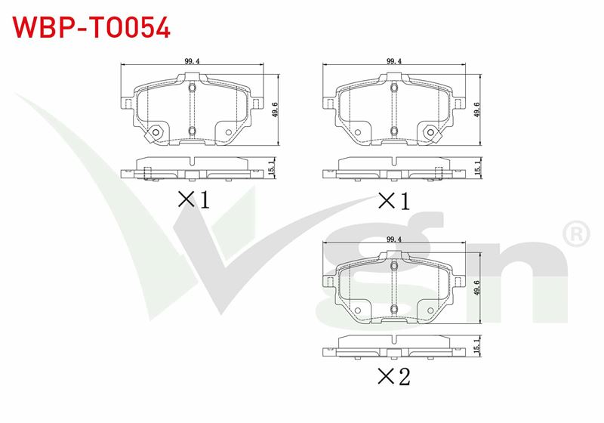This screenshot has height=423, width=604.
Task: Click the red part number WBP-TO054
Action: click(91, 28)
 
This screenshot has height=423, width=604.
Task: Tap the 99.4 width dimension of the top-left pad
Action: click(192, 61)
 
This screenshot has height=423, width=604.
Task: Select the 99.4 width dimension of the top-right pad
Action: click(394, 61)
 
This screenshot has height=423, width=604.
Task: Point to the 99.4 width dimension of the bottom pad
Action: click(394, 239)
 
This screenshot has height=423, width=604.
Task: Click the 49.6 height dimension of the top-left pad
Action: click(275, 110)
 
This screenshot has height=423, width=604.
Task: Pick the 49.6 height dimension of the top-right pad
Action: click(477, 110)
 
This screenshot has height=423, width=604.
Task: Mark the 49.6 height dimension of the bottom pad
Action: click(477, 288)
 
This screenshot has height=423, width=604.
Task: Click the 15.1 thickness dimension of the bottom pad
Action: click(477, 345)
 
